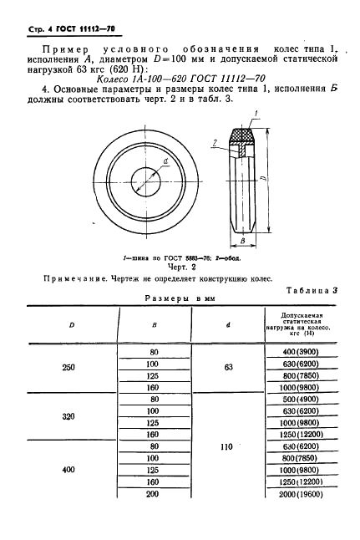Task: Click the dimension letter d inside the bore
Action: pyautogui.click(x=167, y=161)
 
